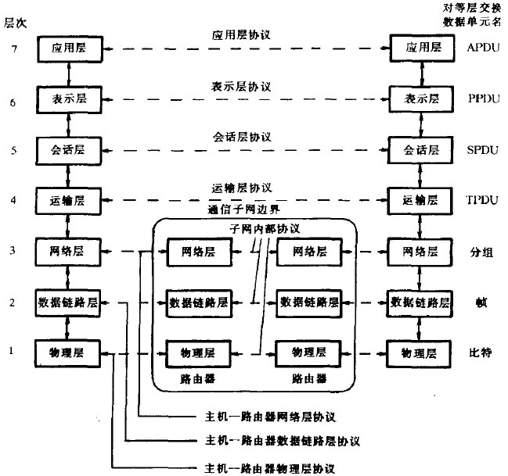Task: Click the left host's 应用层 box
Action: pos(69,48)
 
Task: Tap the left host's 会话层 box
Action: pos(69,150)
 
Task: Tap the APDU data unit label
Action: pos(481,48)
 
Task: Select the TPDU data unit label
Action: pos(481,201)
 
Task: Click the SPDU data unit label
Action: pos(481,150)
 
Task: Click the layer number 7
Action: pos(11,48)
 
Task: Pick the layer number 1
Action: pos(11,352)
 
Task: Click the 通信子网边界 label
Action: pos(244,209)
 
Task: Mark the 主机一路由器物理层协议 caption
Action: pos(269,468)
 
